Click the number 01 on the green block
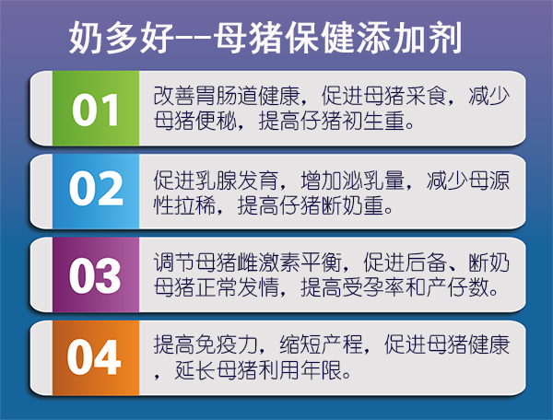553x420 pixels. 95,110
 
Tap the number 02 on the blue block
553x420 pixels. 96,188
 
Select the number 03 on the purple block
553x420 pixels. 95,275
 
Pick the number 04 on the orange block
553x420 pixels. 94,357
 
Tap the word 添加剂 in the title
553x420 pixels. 409,38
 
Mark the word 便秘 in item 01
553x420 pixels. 217,121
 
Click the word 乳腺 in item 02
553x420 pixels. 217,181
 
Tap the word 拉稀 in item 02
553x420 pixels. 195,205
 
